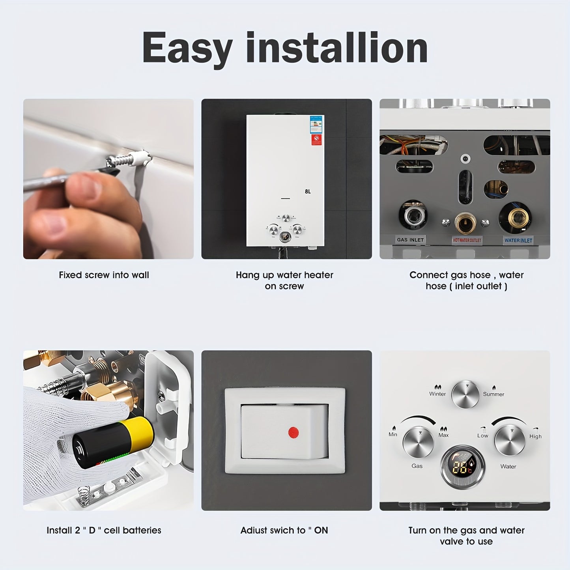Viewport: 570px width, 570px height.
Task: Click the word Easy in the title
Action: point(187,48)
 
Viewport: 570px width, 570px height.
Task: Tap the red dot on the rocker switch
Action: point(293,432)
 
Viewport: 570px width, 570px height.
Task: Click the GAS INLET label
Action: point(410,240)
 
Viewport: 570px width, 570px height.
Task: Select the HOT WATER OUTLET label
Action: point(467,240)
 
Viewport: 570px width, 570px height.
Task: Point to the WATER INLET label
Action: point(518,240)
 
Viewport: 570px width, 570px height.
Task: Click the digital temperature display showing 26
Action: point(462,467)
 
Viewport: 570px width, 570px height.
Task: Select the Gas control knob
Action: point(418,442)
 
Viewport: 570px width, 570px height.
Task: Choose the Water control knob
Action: point(510,441)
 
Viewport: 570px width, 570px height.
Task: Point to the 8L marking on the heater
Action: point(308,192)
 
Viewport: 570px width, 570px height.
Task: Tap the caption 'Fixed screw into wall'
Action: point(104,275)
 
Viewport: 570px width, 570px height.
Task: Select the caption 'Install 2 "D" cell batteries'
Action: point(104,530)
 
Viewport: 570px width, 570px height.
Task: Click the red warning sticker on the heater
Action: point(316,140)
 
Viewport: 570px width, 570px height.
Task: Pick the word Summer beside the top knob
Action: point(493,394)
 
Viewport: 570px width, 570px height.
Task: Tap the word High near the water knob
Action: point(535,436)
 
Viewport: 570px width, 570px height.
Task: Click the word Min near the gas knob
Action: point(393,434)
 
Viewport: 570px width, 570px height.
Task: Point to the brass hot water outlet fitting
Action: point(465,223)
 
